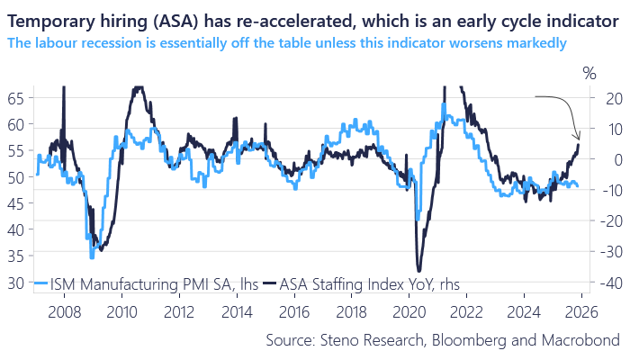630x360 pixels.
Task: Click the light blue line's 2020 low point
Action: click(417, 218)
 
